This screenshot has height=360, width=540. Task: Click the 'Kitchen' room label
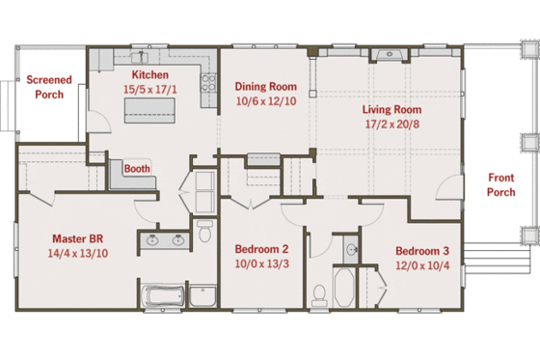click(x=150, y=74)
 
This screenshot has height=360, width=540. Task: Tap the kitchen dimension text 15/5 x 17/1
click(x=150, y=89)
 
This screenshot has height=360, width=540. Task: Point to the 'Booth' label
click(x=137, y=167)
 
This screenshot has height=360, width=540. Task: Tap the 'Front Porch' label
click(x=500, y=184)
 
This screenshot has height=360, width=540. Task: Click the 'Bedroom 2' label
click(x=262, y=248)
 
